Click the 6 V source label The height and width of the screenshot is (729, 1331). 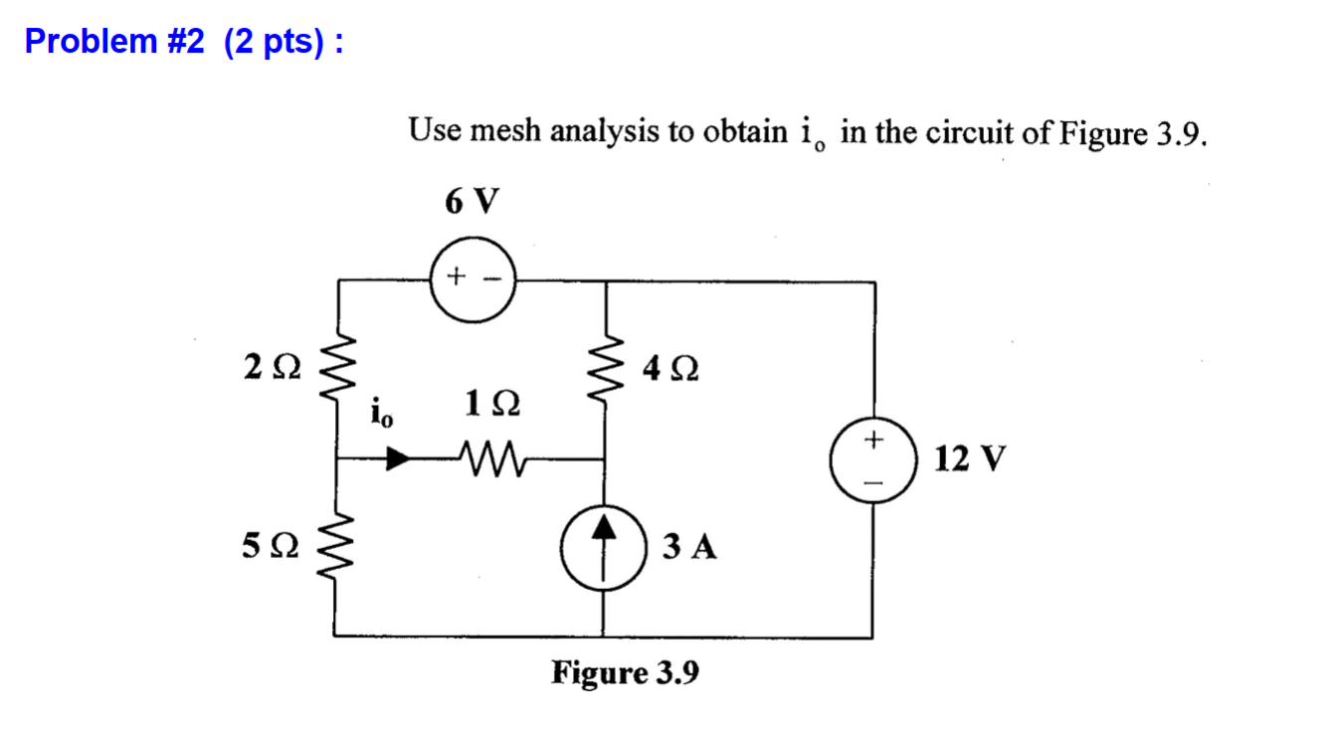point(473,202)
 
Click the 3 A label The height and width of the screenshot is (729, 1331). point(688,547)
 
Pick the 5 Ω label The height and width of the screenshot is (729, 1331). point(270,546)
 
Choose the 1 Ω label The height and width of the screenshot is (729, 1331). point(491,405)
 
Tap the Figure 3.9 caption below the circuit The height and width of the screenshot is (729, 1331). point(626,673)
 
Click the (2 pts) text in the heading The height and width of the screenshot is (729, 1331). point(273,43)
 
